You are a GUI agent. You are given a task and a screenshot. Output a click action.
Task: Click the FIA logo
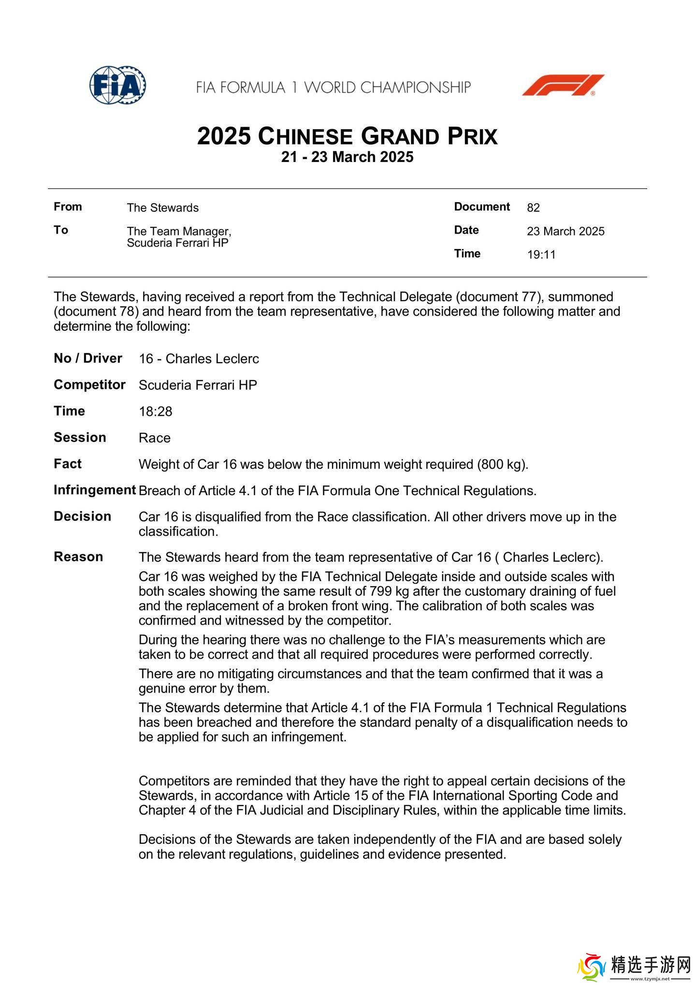pyautogui.click(x=117, y=86)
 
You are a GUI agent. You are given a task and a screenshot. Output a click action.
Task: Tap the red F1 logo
pyautogui.click(x=563, y=85)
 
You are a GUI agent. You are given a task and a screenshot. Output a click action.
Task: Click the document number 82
pyautogui.click(x=533, y=208)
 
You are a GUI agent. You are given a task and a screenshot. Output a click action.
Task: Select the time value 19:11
pyautogui.click(x=541, y=255)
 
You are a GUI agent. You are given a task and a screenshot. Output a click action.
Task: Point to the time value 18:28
pyautogui.click(x=155, y=412)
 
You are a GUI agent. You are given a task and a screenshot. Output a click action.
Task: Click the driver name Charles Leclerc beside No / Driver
pyautogui.click(x=212, y=359)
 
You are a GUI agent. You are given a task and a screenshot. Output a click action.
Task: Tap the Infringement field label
pyautogui.click(x=94, y=490)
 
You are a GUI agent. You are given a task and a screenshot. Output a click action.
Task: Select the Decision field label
pyautogui.click(x=82, y=516)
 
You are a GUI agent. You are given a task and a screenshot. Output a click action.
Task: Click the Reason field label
pyautogui.click(x=78, y=557)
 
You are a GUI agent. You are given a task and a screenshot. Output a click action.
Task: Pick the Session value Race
pyautogui.click(x=155, y=438)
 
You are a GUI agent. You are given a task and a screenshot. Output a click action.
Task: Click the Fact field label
pyautogui.click(x=68, y=464)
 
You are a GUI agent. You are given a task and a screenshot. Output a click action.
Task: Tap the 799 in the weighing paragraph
pyautogui.click(x=380, y=591)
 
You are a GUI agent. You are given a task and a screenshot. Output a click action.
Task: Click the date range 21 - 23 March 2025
pyautogui.click(x=347, y=157)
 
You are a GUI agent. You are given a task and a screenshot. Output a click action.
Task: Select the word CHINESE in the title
pyautogui.click(x=305, y=137)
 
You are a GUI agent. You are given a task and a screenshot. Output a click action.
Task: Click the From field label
pyautogui.click(x=68, y=207)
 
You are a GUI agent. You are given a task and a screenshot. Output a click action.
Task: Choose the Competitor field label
pyautogui.click(x=89, y=385)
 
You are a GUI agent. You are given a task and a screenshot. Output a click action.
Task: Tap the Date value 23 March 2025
pyautogui.click(x=565, y=232)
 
